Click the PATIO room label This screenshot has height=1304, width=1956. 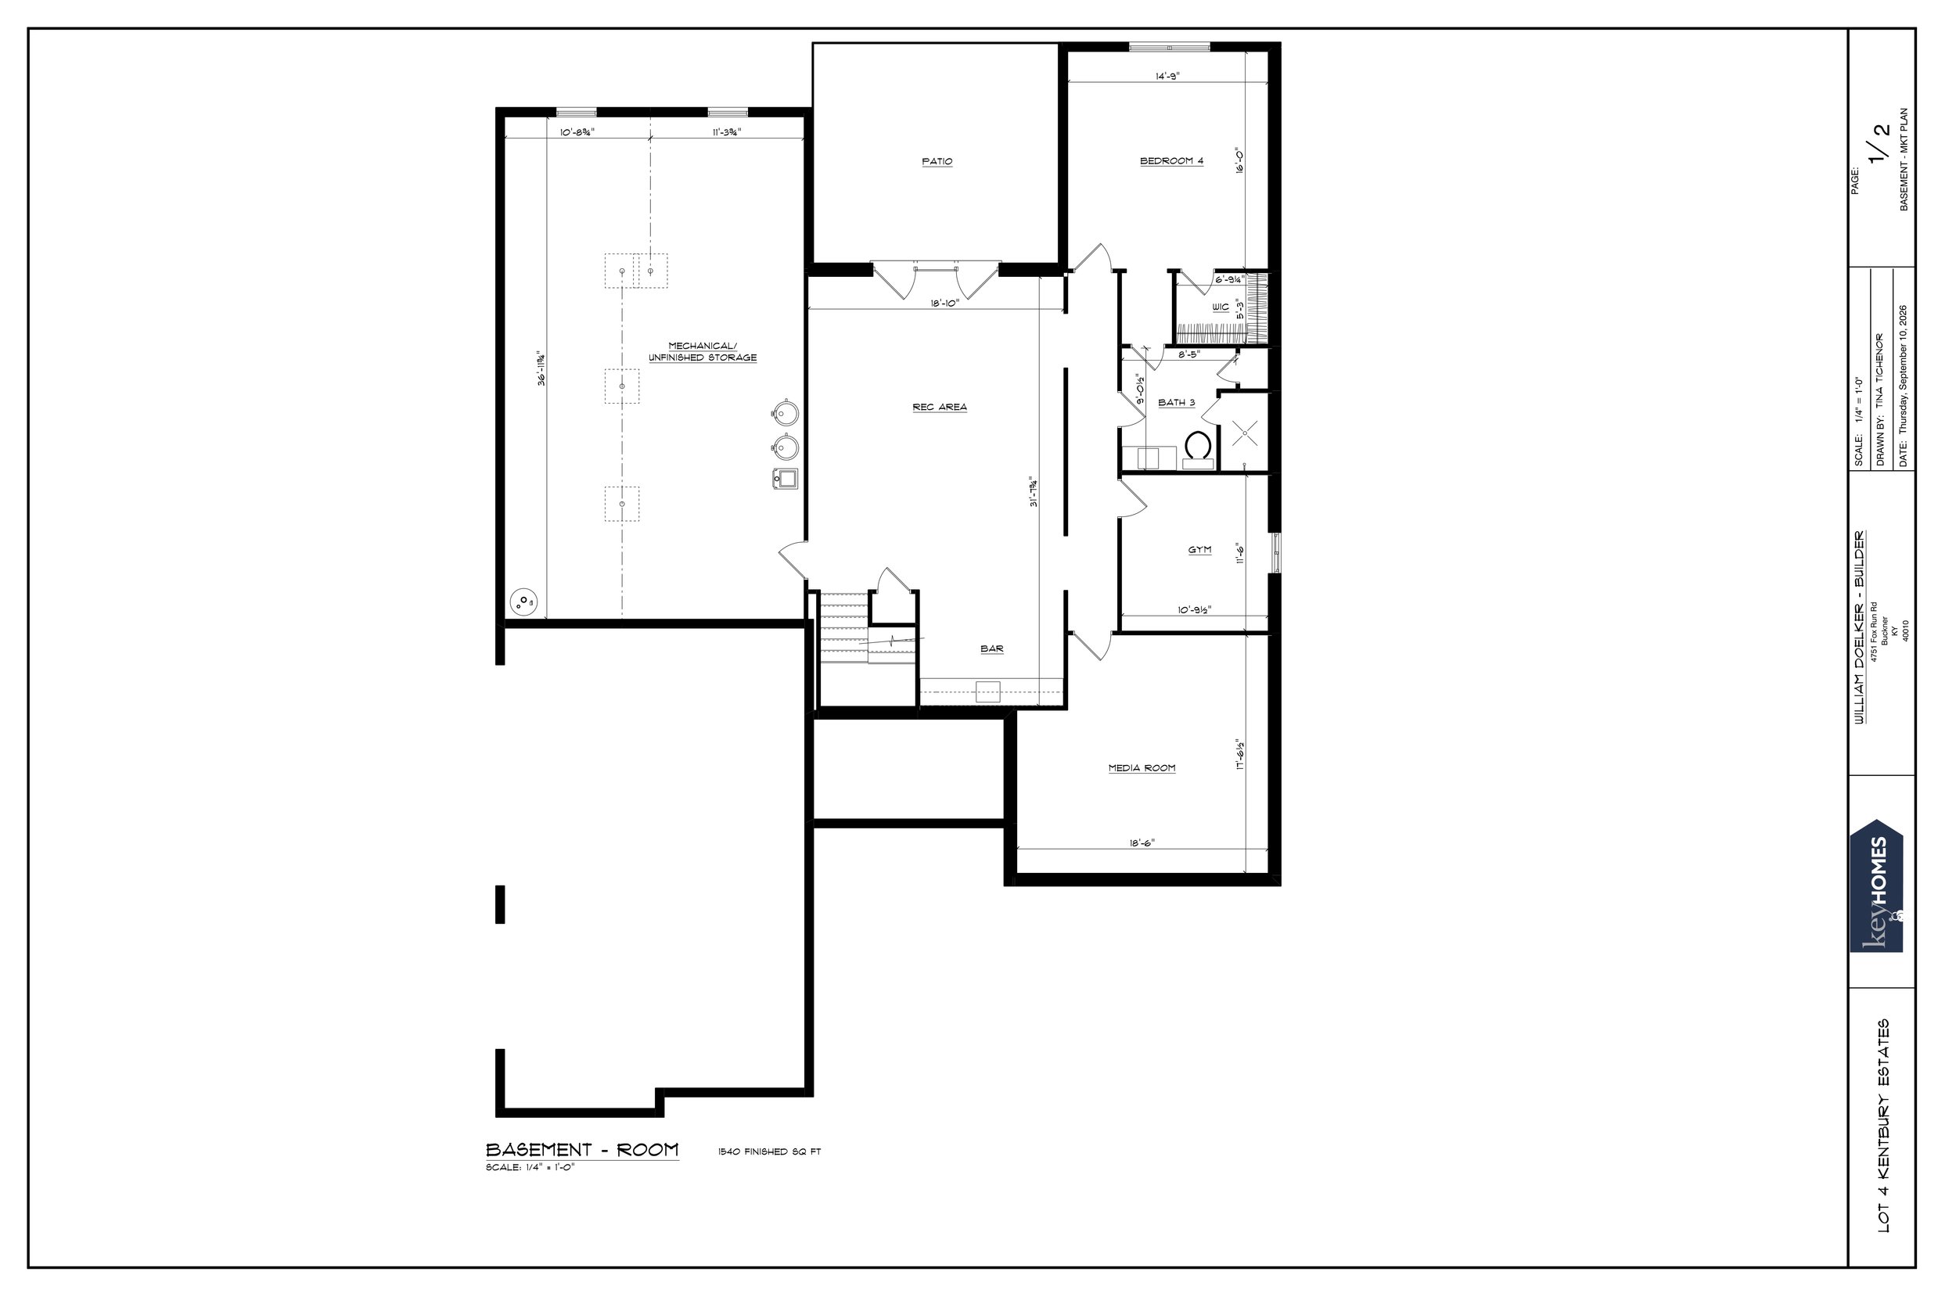pyautogui.click(x=937, y=161)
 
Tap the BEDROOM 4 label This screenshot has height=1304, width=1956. pyautogui.click(x=1171, y=160)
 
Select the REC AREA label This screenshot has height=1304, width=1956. pyautogui.click(x=940, y=407)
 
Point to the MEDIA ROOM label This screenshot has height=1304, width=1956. pyautogui.click(x=1142, y=767)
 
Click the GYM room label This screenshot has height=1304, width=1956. pyautogui.click(x=1199, y=550)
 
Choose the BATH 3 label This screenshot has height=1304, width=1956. pyautogui.click(x=1177, y=403)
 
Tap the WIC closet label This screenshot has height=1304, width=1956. pyautogui.click(x=1221, y=307)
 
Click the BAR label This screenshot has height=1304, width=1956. pyautogui.click(x=991, y=648)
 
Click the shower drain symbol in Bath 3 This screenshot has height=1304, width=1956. pyautogui.click(x=1244, y=431)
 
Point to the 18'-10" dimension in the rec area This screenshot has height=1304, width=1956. pyautogui.click(x=946, y=304)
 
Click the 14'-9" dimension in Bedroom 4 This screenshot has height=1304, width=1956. pyautogui.click(x=1167, y=76)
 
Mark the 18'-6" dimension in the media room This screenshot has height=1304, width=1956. pyautogui.click(x=1142, y=842)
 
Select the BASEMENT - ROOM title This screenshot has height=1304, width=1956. pyautogui.click(x=582, y=1149)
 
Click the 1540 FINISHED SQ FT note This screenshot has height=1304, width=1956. pyautogui.click(x=769, y=1151)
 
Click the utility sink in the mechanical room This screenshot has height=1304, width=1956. pyautogui.click(x=784, y=478)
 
